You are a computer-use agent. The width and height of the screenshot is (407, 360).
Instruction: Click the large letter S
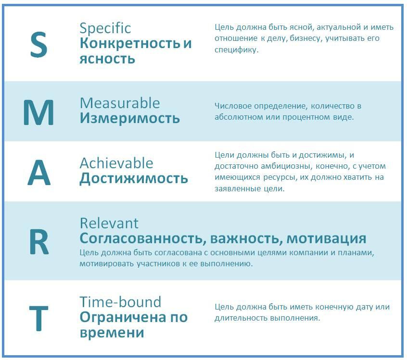coord(38,45)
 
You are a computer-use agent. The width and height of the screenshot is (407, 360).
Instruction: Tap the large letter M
coord(38,112)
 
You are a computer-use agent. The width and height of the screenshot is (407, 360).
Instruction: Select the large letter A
coord(39,173)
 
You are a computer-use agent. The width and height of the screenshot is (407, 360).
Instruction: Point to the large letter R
coord(39,242)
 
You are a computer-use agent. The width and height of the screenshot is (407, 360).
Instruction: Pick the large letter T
coord(38,319)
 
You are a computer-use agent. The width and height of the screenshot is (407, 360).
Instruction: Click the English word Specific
coord(105,28)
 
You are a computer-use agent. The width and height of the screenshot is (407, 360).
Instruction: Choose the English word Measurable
coord(120,103)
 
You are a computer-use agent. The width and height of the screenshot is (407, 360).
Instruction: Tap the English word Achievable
coord(116,163)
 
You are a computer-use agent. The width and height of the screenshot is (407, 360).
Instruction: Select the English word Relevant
coord(109,223)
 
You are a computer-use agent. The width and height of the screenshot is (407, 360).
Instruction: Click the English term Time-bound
coord(120,302)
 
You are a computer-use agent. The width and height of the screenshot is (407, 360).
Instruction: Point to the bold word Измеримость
coord(130,118)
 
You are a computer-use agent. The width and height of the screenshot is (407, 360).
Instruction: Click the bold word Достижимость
coord(134,179)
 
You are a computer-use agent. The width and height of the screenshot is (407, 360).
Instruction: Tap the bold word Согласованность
coord(143,238)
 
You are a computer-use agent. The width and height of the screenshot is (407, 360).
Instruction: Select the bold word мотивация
coord(326,239)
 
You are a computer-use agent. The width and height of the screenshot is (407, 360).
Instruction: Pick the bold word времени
coord(112,333)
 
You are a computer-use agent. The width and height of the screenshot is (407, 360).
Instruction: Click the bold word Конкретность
coord(130,43)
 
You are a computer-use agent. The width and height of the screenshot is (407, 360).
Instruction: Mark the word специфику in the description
coord(236,50)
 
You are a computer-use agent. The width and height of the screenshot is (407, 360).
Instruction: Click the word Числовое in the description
coord(233,106)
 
